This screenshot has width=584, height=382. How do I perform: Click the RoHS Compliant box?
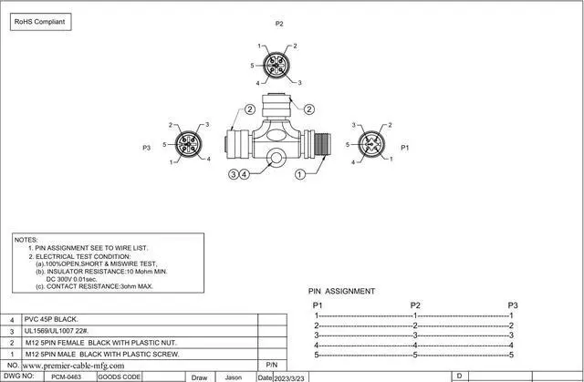pos(40,22)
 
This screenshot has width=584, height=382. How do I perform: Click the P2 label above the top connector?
pos(279,24)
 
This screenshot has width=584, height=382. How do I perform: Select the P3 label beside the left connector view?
pos(146,148)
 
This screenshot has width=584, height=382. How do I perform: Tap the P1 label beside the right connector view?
pos(405,148)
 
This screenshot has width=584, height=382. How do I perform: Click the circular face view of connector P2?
pos(276,65)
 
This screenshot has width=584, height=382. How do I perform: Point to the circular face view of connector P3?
pos(189,144)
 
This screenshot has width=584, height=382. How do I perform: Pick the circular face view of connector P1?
pos(371,144)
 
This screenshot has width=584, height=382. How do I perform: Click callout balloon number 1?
pos(300,174)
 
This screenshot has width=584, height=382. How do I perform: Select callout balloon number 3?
pos(234,174)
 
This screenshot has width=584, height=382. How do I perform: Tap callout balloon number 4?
pos(245,174)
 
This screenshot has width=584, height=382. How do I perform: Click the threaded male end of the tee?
pos(322,144)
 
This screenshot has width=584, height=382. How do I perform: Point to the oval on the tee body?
pos(276,135)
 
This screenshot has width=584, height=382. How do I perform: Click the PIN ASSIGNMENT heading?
pos(341,291)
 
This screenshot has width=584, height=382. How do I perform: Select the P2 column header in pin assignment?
pos(415,305)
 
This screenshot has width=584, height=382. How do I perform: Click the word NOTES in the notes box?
pos(26,240)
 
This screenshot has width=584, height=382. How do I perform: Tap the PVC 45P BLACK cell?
pos(51,319)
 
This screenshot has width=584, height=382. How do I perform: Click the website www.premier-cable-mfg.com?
pos(73,366)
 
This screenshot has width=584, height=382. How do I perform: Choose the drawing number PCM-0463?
pos(66,377)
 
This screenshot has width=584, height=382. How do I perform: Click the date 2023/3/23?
pos(289,378)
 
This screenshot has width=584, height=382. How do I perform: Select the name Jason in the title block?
pos(234,377)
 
